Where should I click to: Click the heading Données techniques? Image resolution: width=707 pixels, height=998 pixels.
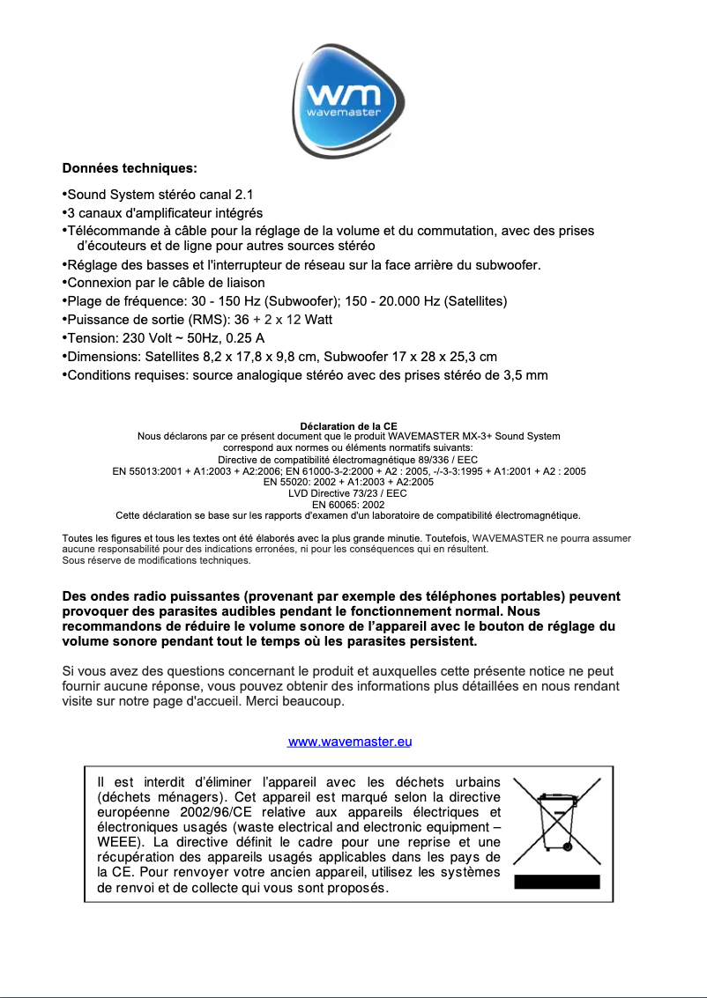[130, 167]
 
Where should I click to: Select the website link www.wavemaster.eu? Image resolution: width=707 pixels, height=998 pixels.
[351, 742]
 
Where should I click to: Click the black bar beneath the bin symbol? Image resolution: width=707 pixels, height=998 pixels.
[556, 882]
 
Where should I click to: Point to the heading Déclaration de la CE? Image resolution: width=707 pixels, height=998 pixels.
[348, 426]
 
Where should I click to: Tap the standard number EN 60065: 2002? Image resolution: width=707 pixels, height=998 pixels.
[348, 505]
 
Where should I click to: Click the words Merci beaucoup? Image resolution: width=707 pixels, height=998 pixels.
[304, 702]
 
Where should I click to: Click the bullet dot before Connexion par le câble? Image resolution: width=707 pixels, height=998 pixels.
[64, 283]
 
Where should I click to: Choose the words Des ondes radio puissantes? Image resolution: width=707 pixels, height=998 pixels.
[146, 596]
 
